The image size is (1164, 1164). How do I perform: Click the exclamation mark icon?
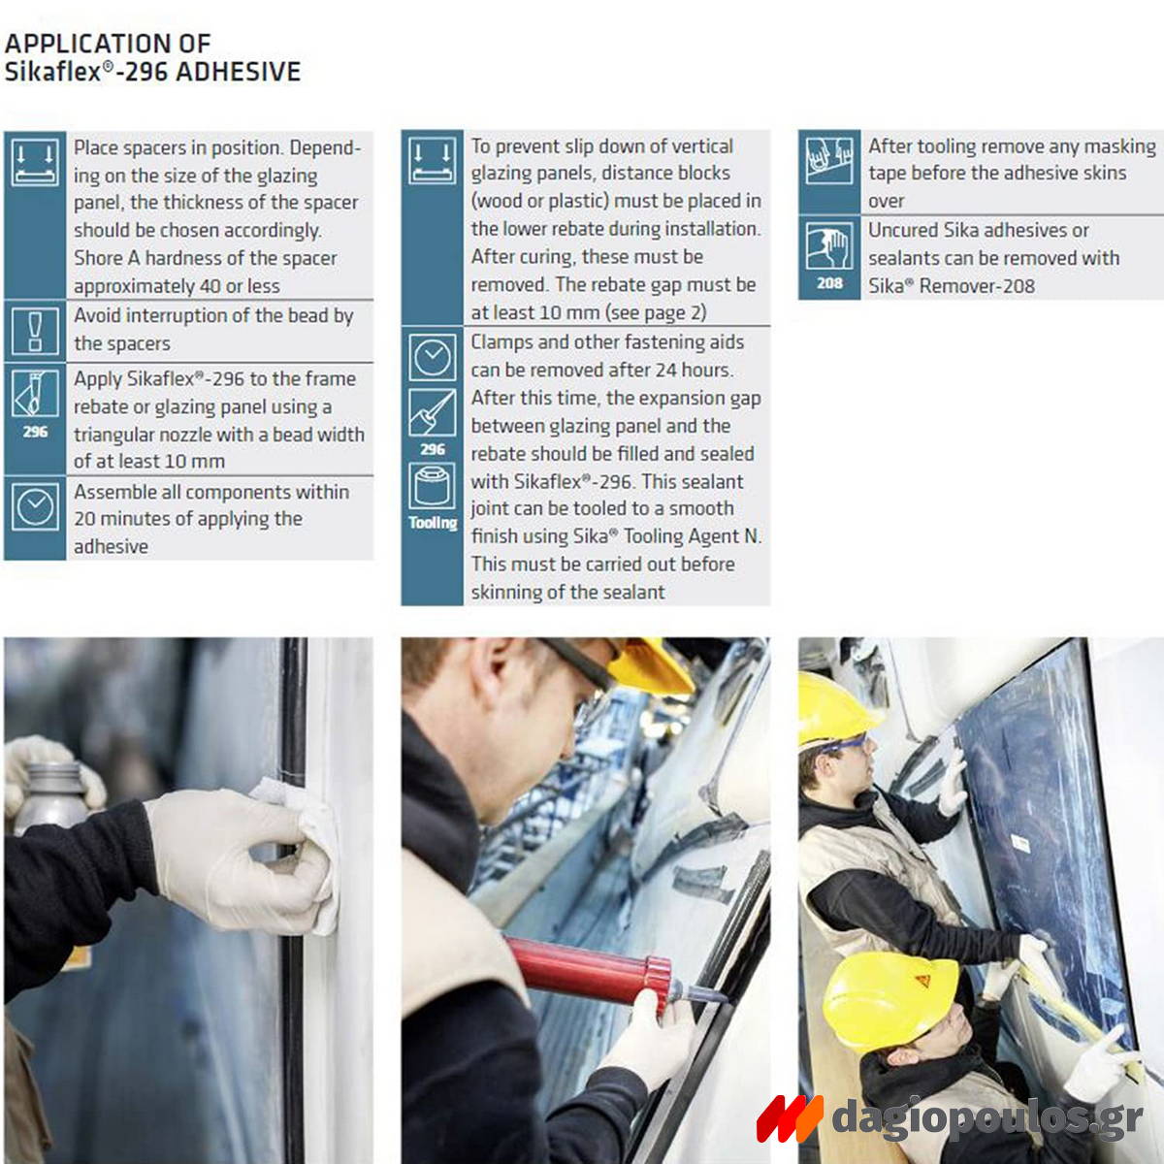coord(35,331)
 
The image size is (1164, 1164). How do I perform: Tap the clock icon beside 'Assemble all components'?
coord(35,506)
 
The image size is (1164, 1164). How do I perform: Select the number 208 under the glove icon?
coord(829,283)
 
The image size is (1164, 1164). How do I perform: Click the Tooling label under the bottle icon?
coord(433,523)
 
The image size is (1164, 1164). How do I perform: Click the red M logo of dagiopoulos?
coord(790,1118)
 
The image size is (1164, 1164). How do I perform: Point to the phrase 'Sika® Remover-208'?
coord(952,286)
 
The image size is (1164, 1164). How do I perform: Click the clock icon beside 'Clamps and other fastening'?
coord(432,357)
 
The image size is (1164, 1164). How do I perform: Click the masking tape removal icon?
coord(829,160)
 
